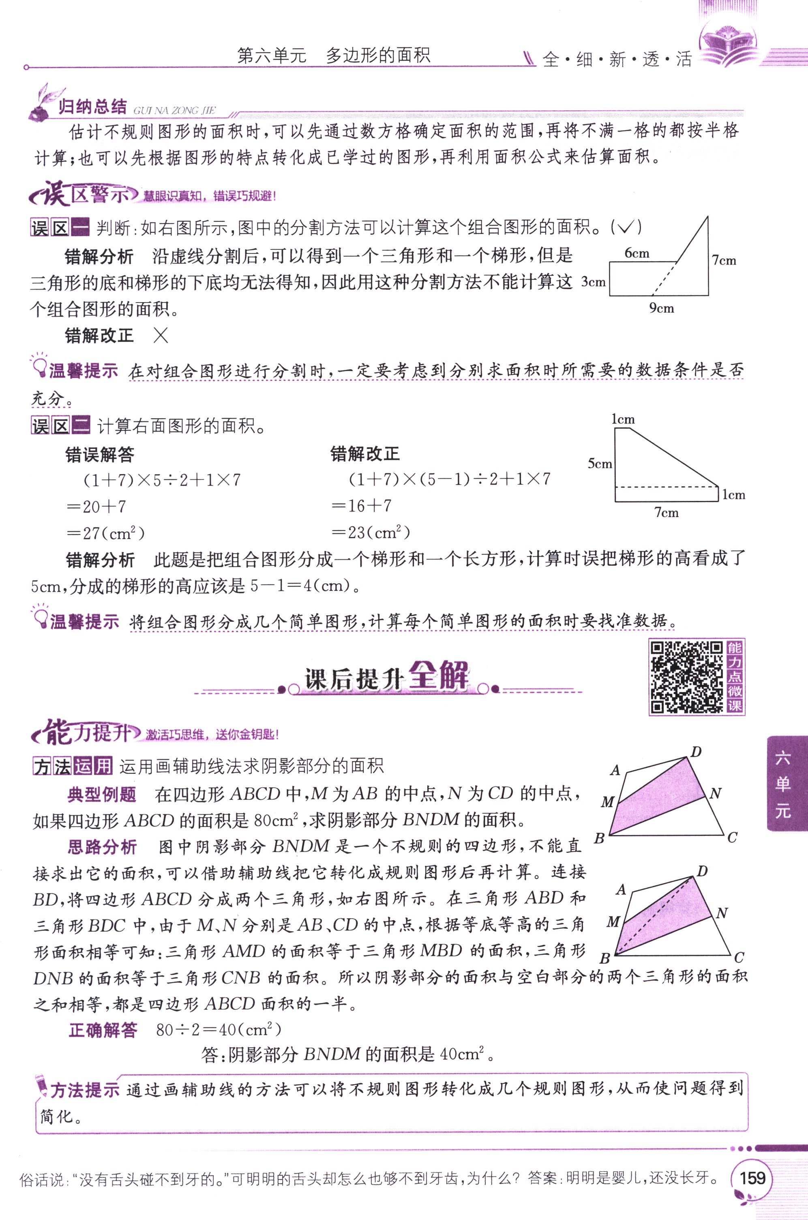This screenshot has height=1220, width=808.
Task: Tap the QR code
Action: click(687, 677)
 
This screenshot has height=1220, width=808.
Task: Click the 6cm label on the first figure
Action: click(637, 253)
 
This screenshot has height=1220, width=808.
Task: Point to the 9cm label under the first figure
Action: click(662, 308)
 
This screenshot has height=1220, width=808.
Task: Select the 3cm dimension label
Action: click(593, 281)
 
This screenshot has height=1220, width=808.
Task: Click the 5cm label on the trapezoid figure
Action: click(600, 463)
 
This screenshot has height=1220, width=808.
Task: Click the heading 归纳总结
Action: click(92, 107)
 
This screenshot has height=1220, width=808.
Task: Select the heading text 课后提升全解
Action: click(386, 676)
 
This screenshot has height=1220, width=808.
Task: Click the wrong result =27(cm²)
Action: click(106, 533)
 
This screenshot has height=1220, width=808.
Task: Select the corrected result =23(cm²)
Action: click(371, 532)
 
